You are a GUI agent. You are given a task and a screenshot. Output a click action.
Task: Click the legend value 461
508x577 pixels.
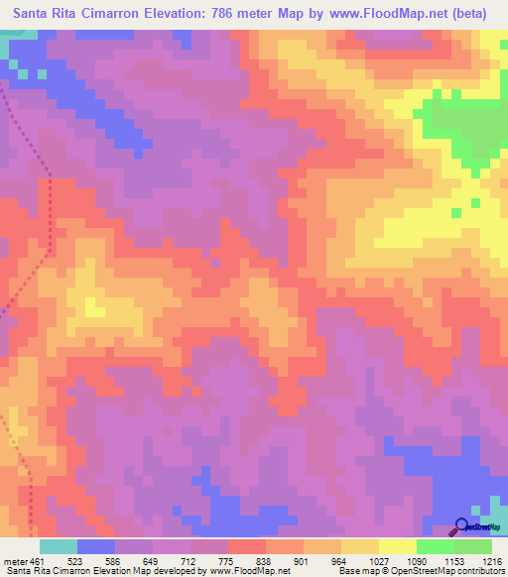click(x=38, y=560)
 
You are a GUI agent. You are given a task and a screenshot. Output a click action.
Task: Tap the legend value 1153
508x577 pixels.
click(x=454, y=560)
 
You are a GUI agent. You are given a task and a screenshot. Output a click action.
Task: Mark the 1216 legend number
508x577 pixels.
click(x=492, y=560)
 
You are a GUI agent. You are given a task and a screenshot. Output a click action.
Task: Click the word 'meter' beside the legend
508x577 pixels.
click(x=13, y=560)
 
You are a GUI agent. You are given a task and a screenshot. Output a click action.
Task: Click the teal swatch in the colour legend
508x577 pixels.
click(x=59, y=546)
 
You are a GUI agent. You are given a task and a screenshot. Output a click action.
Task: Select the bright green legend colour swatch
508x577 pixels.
click(x=436, y=546)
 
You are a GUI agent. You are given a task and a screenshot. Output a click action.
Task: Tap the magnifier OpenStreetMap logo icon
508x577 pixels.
click(x=462, y=526)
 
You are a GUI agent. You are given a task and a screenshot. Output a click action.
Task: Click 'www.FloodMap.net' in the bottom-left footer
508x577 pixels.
click(x=241, y=571)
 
